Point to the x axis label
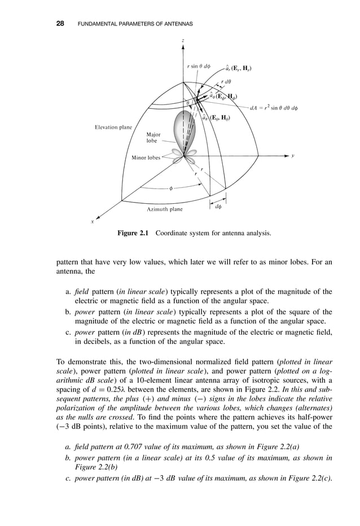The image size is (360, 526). [x=93, y=222]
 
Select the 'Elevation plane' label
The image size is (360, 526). [x=113, y=128]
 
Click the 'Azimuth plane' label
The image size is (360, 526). [x=165, y=209]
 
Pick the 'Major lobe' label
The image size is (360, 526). [x=153, y=138]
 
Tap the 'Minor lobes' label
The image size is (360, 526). [x=146, y=158]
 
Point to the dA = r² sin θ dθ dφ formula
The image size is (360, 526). [x=274, y=107]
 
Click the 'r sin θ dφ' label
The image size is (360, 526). [x=199, y=67]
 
